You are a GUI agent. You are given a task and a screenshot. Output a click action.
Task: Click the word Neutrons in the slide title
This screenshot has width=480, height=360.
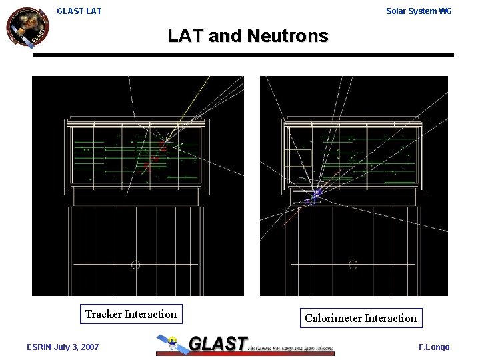pos(287,35)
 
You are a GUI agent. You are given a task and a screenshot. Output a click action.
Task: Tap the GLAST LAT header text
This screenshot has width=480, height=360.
pos(79,11)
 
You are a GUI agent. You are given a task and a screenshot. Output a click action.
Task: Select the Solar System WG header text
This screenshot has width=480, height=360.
pos(419,11)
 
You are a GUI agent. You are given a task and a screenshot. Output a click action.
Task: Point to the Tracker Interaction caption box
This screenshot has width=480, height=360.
pos(131,314)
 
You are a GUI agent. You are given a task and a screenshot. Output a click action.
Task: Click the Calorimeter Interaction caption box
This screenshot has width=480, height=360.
pos(361,318)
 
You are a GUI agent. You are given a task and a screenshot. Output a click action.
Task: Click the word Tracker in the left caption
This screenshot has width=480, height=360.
pos(103,314)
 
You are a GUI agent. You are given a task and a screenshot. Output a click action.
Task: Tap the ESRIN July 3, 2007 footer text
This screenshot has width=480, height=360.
pos(63,347)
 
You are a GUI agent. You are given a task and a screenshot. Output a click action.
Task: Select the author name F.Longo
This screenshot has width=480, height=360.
pos(434,347)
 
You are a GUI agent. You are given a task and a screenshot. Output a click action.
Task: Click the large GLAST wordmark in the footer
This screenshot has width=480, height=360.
pos(218,344)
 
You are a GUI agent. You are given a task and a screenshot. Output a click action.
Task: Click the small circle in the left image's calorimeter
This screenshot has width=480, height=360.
pos(135,265)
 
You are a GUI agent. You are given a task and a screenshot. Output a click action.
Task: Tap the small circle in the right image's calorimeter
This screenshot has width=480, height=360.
pos(353,265)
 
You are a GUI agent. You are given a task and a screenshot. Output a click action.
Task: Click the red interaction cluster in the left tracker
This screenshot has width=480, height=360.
pos(161,145)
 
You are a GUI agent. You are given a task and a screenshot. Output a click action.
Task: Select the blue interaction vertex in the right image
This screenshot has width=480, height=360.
pos(317,194)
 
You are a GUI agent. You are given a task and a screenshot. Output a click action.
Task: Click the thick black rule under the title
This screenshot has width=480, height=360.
pos(243,55)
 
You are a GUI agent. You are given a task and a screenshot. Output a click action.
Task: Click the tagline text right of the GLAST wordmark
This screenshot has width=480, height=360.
pos(290,348)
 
